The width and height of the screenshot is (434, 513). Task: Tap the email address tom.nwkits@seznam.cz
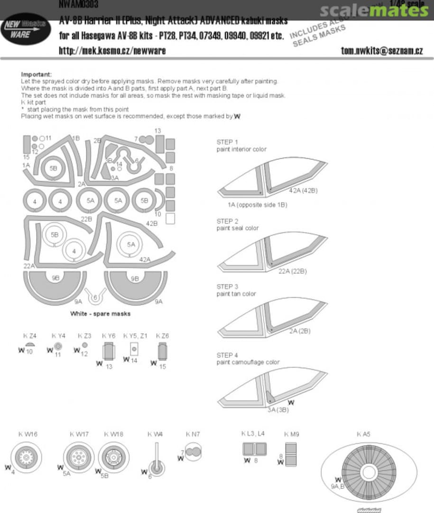(x=382, y=50)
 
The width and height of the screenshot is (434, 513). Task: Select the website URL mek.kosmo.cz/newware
(x=112, y=50)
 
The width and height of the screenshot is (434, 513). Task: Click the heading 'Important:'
(x=37, y=75)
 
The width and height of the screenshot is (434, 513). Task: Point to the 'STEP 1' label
(x=227, y=142)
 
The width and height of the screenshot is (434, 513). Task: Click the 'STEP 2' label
(x=227, y=221)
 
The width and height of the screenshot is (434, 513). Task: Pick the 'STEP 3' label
(x=227, y=286)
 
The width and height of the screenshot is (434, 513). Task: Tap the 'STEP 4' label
(x=227, y=355)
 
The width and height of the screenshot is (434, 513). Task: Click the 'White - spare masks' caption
(x=100, y=314)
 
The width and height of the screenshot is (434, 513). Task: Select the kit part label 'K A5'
(x=363, y=434)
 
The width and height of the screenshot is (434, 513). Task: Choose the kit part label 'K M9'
(x=291, y=434)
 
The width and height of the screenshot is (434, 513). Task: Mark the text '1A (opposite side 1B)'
(x=257, y=205)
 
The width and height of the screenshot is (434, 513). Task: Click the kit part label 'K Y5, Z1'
(x=135, y=335)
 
